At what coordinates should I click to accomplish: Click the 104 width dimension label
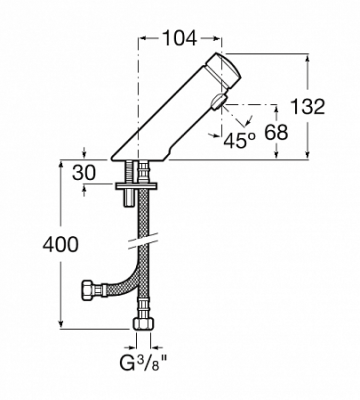pos(180,38)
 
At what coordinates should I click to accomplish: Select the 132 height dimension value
pos(308,107)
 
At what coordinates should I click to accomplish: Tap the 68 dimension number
pos(276,132)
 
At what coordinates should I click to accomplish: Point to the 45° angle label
pos(239,141)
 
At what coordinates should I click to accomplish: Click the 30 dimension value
pos(84,173)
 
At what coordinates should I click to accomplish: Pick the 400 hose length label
pos(61,244)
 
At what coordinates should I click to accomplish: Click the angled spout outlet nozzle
pos(218,102)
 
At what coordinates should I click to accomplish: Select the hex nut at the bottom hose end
pos(144,323)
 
